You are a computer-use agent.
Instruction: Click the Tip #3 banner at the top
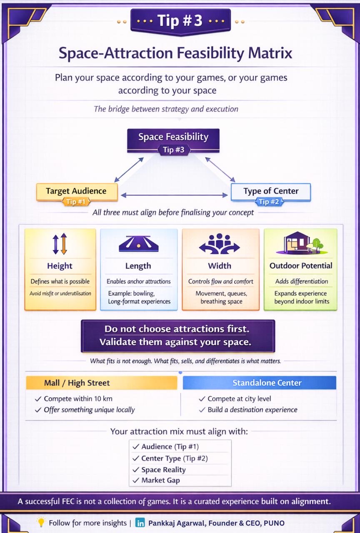click(x=180, y=21)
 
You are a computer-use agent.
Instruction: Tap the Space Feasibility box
click(x=173, y=137)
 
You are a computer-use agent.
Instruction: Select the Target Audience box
click(x=76, y=191)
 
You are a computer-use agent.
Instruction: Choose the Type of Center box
click(x=271, y=191)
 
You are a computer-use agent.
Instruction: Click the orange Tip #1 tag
click(x=76, y=202)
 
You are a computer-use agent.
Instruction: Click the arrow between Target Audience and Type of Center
click(x=174, y=195)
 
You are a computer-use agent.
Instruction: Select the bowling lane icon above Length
click(x=138, y=244)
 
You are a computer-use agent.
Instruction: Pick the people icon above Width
click(x=220, y=243)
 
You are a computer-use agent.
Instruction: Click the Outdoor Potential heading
click(x=301, y=266)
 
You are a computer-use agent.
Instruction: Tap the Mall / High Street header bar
click(x=102, y=383)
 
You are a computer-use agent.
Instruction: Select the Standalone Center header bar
click(x=259, y=383)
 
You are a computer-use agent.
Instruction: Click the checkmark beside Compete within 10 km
click(x=38, y=399)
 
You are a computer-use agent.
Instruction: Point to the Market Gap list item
click(x=160, y=480)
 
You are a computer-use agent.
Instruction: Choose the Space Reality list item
click(x=163, y=469)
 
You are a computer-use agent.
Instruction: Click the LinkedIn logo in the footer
click(x=140, y=523)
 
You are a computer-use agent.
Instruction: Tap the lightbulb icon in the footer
click(x=41, y=522)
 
